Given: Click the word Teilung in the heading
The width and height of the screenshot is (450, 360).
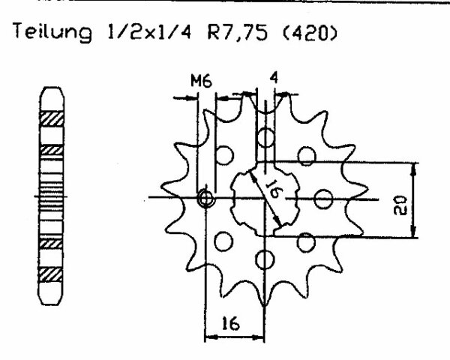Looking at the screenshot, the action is (x=52, y=32).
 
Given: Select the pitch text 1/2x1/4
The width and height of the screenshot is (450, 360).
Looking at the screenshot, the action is (x=148, y=31).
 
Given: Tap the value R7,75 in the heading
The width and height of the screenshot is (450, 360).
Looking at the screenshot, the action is (x=238, y=31).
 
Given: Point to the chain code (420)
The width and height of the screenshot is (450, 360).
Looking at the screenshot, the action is (x=308, y=31).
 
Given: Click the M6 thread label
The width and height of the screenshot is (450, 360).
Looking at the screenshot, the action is (x=202, y=81).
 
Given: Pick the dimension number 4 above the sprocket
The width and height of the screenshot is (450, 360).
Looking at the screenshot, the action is (x=274, y=77).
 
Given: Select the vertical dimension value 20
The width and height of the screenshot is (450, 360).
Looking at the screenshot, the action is (x=400, y=205).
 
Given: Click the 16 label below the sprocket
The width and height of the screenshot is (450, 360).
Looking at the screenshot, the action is (x=231, y=324).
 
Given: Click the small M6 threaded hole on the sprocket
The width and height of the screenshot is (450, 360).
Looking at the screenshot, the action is (x=205, y=198).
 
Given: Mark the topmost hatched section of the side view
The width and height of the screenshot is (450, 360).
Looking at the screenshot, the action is (x=52, y=118).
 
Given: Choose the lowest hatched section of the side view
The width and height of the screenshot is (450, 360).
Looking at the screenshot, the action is (x=50, y=275).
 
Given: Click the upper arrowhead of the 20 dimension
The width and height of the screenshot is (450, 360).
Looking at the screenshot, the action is (x=413, y=169).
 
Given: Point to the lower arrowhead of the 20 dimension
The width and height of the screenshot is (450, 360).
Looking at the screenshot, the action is (x=413, y=232).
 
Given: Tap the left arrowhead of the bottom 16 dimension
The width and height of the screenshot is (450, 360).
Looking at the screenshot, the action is (x=211, y=337).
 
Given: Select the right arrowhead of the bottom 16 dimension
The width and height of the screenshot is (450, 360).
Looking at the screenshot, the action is (x=258, y=337).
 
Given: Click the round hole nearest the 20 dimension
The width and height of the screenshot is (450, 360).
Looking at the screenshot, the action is (x=323, y=199).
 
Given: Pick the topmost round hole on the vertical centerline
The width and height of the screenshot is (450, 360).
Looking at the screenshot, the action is (x=266, y=137).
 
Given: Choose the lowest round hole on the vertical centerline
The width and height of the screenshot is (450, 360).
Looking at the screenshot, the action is (x=265, y=259).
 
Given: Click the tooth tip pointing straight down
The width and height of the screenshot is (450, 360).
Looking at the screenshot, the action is (x=264, y=306).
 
